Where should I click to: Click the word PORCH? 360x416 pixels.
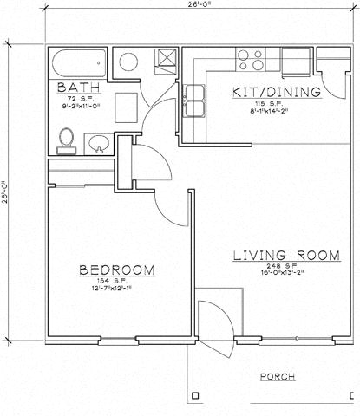coord(277,377)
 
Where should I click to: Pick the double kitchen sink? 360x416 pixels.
coord(194,100)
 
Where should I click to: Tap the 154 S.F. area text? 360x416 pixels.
coord(115,283)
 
